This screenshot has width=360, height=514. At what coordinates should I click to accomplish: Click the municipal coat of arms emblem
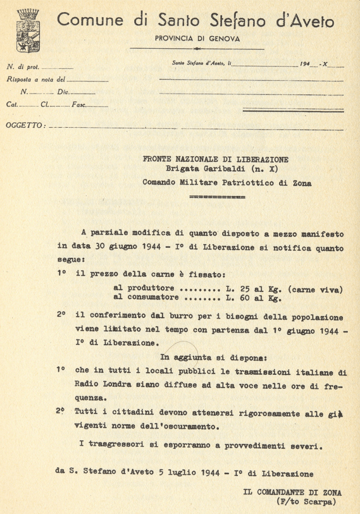[28, 30]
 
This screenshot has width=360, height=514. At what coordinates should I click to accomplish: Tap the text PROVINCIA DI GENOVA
[197, 39]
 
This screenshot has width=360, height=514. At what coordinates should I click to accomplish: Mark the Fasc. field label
[79, 105]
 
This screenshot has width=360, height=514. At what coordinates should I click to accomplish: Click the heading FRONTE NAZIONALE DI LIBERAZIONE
[216, 159]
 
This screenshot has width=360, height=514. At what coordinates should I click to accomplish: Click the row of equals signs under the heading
[217, 197]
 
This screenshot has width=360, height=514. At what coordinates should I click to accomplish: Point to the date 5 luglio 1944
[181, 473]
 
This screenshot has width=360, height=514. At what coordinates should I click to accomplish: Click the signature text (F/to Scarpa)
[306, 501]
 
